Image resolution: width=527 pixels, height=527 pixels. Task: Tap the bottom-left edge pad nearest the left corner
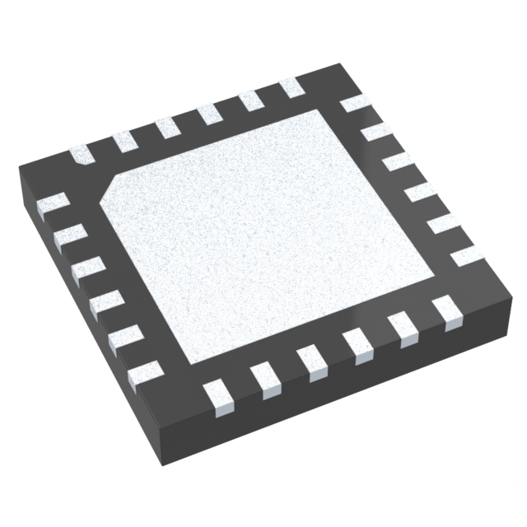[56, 202]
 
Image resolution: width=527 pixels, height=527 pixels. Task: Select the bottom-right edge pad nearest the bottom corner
[222, 394]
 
